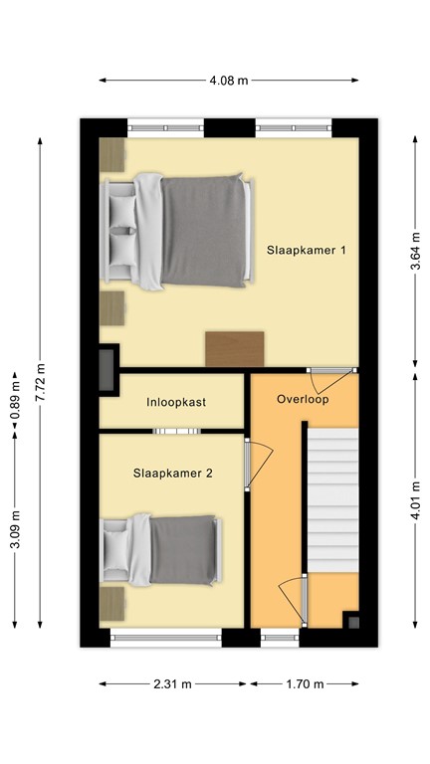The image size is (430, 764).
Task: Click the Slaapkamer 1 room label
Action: pos(306,250)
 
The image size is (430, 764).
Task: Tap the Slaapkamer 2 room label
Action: pos(173,474)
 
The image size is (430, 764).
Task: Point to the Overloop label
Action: pos(303,399)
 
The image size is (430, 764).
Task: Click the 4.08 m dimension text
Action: pos(229,81)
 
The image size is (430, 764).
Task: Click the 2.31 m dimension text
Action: pos(173,684)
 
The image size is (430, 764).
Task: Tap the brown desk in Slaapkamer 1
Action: pos(235,348)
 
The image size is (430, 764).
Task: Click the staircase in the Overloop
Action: pos(330,497)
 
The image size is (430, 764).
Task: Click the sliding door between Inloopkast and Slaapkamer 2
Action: pos(176,431)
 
